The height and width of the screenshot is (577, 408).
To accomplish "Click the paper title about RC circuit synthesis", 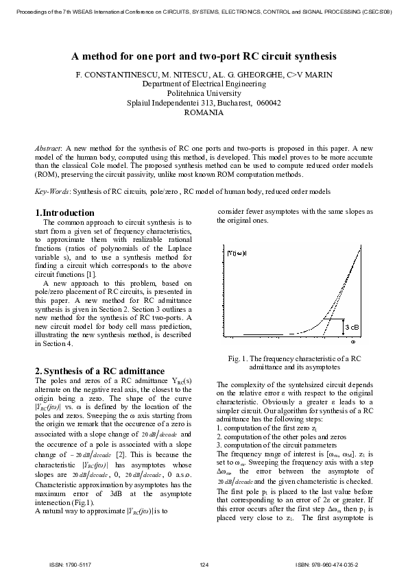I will [x=204, y=58].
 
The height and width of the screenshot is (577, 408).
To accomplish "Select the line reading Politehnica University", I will [x=204, y=93].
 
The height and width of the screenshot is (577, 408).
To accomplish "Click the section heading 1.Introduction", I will [x=64, y=213].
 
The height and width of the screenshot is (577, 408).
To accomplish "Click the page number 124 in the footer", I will [x=204, y=564].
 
